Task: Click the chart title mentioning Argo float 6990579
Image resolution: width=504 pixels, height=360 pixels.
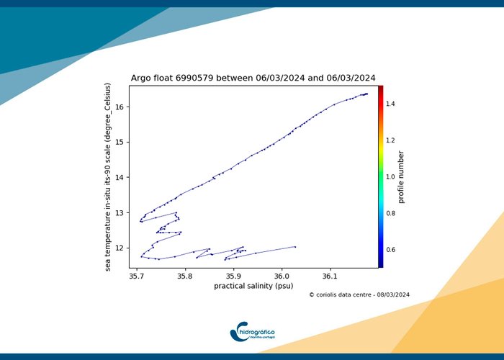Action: (253, 78)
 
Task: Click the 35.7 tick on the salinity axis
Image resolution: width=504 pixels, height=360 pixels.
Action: (136, 275)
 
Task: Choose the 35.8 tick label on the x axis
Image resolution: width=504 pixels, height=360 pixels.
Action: (184, 275)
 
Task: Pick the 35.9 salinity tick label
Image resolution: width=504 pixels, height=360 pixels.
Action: (233, 275)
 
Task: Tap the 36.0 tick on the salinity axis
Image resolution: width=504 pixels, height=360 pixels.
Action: (282, 275)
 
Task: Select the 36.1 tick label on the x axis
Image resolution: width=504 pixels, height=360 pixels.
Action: (330, 275)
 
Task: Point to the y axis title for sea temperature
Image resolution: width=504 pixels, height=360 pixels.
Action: (108, 176)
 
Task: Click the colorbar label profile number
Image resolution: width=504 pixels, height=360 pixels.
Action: (402, 176)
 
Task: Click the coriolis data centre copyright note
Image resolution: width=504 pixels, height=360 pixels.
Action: (359, 294)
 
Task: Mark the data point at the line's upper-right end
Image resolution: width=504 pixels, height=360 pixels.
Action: (366, 94)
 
